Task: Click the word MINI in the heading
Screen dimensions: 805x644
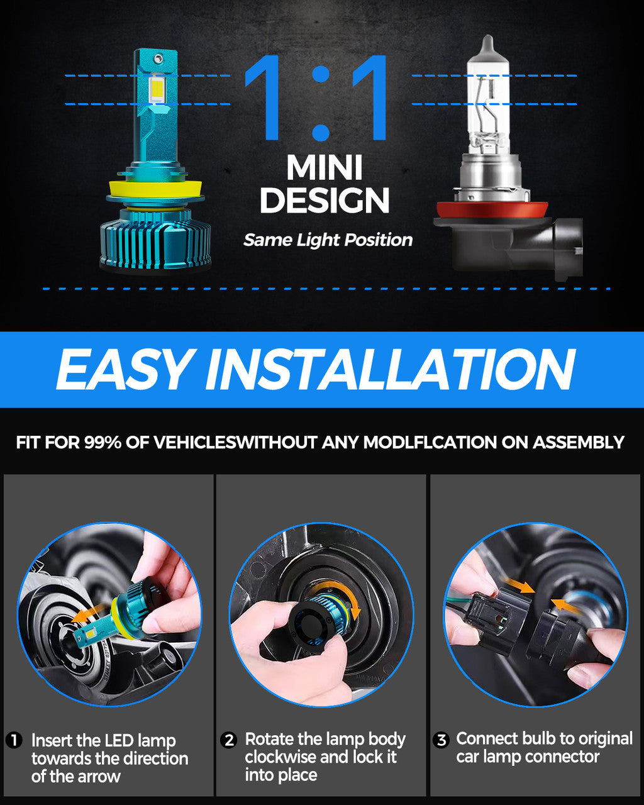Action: point(325,169)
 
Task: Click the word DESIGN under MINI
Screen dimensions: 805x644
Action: point(325,201)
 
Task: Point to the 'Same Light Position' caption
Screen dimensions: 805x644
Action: point(328,240)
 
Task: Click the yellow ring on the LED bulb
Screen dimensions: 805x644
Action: point(155,188)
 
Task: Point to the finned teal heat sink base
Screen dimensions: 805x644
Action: point(155,240)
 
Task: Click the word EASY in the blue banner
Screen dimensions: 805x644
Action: point(123,370)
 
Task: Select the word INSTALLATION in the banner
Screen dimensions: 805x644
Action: point(390,370)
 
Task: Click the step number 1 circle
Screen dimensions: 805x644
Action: point(14,740)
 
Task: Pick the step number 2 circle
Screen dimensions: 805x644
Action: point(229,740)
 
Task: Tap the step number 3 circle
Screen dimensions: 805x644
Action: point(441,740)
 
